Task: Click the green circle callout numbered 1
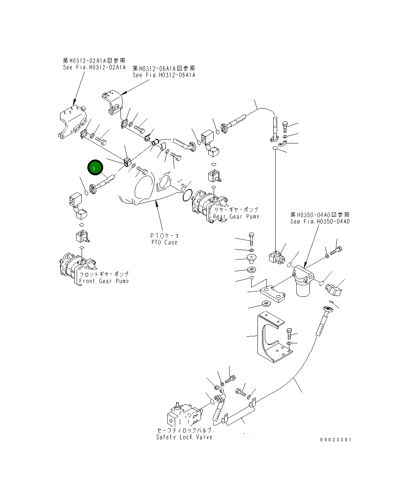(94, 168)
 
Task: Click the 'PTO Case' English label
(164, 242)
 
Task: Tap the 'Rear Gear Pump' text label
(236, 217)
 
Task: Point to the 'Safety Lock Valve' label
(184, 437)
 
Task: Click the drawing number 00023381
(335, 439)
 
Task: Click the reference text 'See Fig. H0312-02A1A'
(94, 67)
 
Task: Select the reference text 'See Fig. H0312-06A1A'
(164, 75)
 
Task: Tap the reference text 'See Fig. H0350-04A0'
(320, 221)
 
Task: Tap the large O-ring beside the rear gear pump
(187, 195)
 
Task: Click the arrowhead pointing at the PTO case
(156, 203)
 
